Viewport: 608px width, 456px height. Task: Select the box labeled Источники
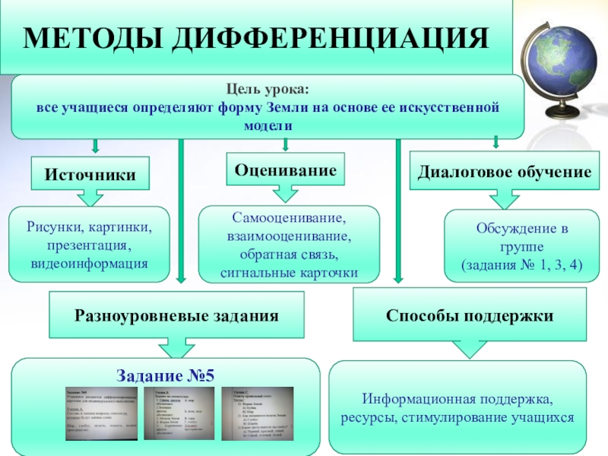click(x=90, y=175)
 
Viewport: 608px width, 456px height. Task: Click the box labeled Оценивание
click(x=286, y=170)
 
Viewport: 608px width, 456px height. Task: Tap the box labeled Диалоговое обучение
click(x=505, y=173)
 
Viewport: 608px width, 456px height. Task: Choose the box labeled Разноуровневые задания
click(x=176, y=314)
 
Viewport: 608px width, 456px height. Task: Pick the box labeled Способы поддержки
click(x=469, y=314)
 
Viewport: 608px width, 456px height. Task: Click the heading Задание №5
click(x=166, y=375)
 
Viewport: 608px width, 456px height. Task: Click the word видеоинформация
click(x=90, y=263)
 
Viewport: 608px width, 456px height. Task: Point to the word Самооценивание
click(x=288, y=218)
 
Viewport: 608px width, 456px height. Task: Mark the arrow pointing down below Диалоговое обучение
click(x=505, y=199)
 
